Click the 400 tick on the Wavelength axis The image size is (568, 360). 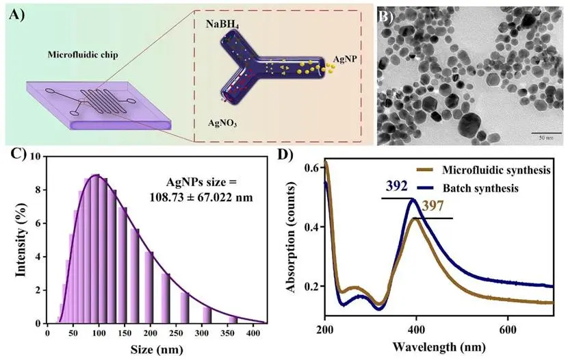415,330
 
